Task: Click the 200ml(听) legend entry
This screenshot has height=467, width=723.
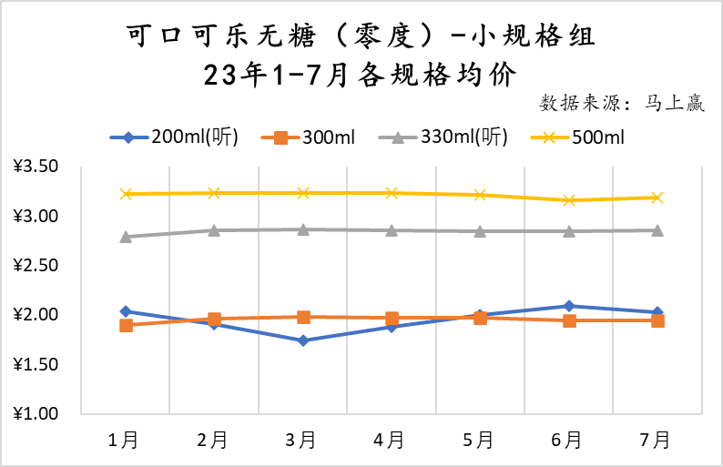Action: pos(174,137)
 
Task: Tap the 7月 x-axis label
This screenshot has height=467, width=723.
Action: pos(656,441)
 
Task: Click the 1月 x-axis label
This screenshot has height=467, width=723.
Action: pos(125,441)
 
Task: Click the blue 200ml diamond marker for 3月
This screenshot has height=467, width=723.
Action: pos(303,340)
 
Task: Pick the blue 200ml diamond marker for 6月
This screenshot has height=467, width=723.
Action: pos(569,306)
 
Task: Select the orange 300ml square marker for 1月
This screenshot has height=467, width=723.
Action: pos(126,325)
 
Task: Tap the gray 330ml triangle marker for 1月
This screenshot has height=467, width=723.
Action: pos(126,237)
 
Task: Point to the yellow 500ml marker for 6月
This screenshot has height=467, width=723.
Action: pos(569,200)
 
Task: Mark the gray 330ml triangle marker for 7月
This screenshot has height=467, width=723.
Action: pos(657,230)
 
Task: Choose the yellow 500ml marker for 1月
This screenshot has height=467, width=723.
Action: pos(126,194)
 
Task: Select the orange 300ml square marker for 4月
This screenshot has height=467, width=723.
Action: pos(392,319)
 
